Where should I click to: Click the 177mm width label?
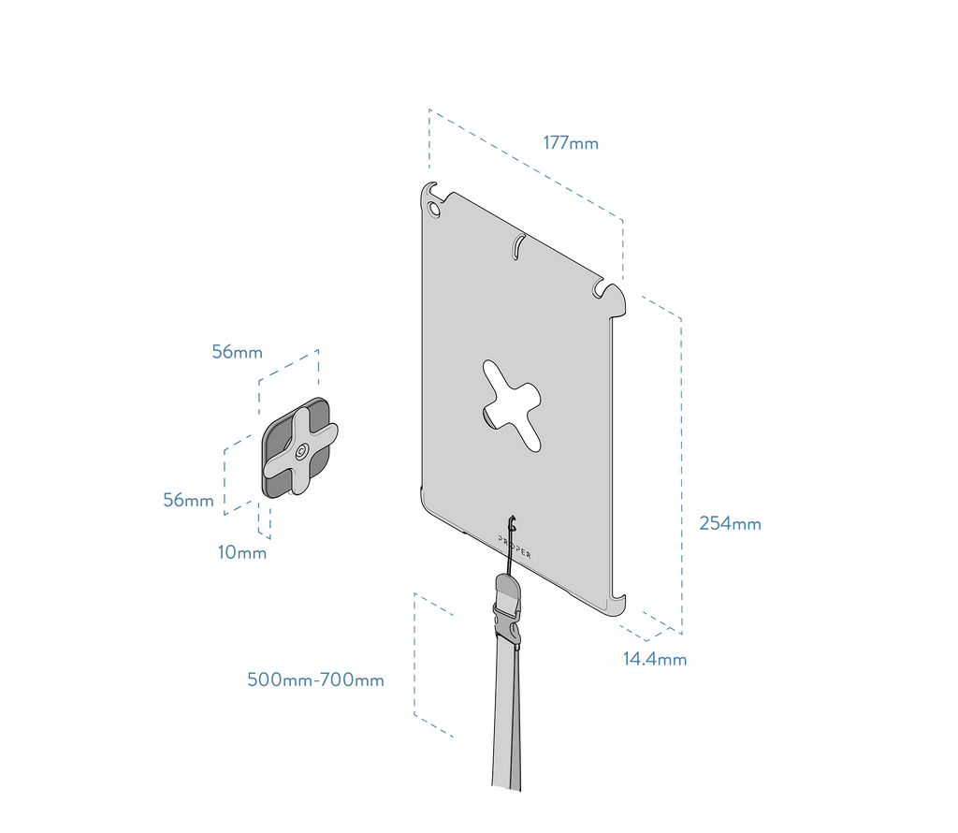(571, 143)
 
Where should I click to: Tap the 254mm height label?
(730, 524)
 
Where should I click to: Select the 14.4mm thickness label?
(655, 660)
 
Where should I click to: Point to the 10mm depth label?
(241, 552)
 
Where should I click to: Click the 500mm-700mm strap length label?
(315, 680)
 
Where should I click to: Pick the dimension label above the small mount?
(238, 353)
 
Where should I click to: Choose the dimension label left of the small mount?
(188, 501)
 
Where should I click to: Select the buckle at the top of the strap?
(508, 607)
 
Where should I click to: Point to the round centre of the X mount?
(298, 453)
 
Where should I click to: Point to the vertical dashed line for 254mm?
(682, 468)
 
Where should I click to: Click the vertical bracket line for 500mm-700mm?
(414, 655)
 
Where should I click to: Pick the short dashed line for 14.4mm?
(659, 619)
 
